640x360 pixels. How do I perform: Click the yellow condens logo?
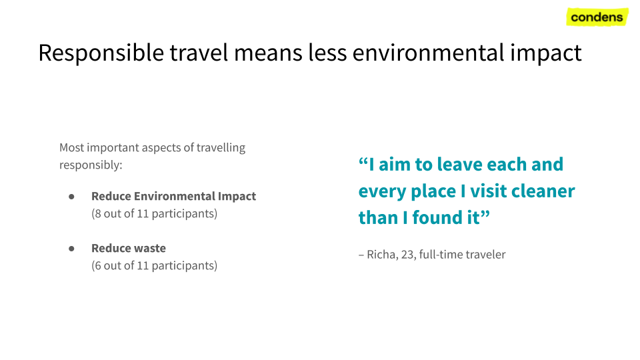click(x=597, y=17)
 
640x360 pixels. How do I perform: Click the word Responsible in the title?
click(x=101, y=53)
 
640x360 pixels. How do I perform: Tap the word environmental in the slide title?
click(x=428, y=53)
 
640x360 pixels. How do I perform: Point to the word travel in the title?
click(x=199, y=52)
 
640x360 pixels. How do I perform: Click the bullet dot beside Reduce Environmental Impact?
click(x=71, y=197)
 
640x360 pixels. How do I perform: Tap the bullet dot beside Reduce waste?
click(x=71, y=249)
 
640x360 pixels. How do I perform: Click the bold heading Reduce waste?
click(x=129, y=248)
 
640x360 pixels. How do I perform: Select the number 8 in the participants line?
click(x=97, y=213)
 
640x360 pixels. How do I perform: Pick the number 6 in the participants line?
click(x=97, y=266)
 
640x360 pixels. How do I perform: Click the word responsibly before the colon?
click(x=89, y=165)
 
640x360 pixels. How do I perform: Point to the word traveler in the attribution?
click(x=486, y=254)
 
